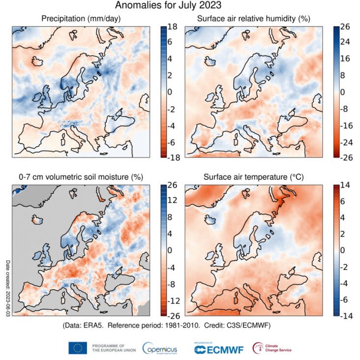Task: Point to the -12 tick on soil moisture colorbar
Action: [174, 300]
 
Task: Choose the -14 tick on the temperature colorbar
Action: [345, 315]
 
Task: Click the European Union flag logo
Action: [78, 348]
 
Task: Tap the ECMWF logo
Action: [215, 349]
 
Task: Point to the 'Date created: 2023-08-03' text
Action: [8, 289]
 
